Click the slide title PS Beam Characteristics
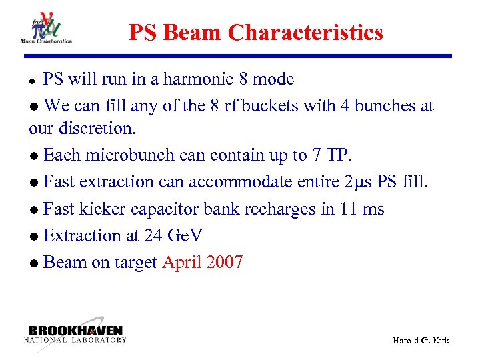(256, 32)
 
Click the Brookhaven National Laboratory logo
(75, 333)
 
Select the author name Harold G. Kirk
(420, 340)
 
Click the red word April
(181, 263)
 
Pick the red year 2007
(225, 262)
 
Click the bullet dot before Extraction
(34, 237)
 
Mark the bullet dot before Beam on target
(34, 263)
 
